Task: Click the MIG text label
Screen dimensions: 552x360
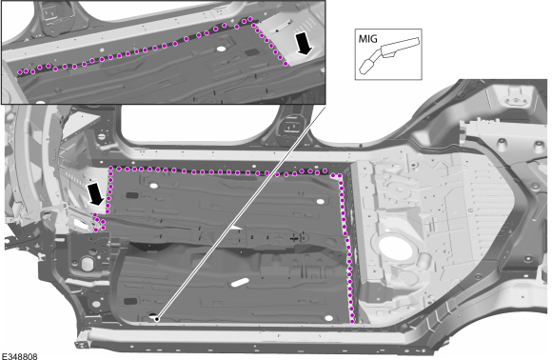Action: point(367,38)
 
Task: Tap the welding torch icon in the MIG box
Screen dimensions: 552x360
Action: point(389,55)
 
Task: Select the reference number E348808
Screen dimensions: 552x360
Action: point(19,356)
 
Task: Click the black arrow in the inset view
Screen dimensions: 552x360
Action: point(303,43)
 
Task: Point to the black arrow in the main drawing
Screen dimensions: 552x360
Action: point(96,193)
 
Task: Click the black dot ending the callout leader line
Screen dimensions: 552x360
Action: point(157,319)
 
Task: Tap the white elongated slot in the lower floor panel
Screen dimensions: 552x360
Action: point(240,282)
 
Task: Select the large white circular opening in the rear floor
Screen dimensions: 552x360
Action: point(396,248)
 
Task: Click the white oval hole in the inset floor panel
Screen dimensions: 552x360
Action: point(221,49)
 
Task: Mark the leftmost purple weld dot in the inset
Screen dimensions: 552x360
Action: point(20,72)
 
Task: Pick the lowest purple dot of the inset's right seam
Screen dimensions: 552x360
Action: point(286,64)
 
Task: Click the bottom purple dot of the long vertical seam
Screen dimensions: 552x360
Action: point(352,321)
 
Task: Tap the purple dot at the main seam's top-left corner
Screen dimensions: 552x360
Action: point(111,169)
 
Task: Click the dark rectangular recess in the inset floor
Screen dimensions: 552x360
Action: point(251,52)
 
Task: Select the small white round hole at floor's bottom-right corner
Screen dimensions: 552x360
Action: point(328,318)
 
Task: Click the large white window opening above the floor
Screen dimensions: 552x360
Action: point(201,125)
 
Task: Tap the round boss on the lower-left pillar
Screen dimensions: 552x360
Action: point(87,264)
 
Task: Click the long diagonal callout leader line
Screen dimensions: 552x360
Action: point(241,211)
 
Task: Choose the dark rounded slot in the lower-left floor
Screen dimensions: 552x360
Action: point(130,302)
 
